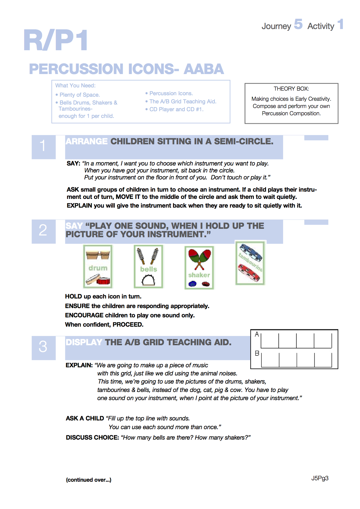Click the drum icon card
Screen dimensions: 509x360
tap(98, 267)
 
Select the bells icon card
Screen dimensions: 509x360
tap(149, 267)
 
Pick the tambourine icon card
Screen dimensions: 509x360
tap(250, 263)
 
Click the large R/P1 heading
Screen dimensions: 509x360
tap(55, 41)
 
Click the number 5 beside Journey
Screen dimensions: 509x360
tap(298, 24)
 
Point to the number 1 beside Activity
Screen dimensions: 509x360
tap(341, 24)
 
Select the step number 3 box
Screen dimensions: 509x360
tap(43, 347)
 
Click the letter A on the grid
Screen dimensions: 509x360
tap(257, 334)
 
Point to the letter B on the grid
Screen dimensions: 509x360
tap(257, 353)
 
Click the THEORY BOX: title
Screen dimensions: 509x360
tap(291, 89)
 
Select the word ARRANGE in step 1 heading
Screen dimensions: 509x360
tap(87, 141)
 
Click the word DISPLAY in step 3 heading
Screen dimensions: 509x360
tap(84, 342)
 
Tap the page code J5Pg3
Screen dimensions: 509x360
tap(320, 479)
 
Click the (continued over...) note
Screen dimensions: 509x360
tap(89, 480)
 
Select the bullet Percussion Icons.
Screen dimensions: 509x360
tap(171, 93)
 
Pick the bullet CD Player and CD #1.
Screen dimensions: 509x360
tap(176, 109)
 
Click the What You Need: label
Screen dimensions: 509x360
tap(75, 86)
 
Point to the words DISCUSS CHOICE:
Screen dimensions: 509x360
tap(92, 438)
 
